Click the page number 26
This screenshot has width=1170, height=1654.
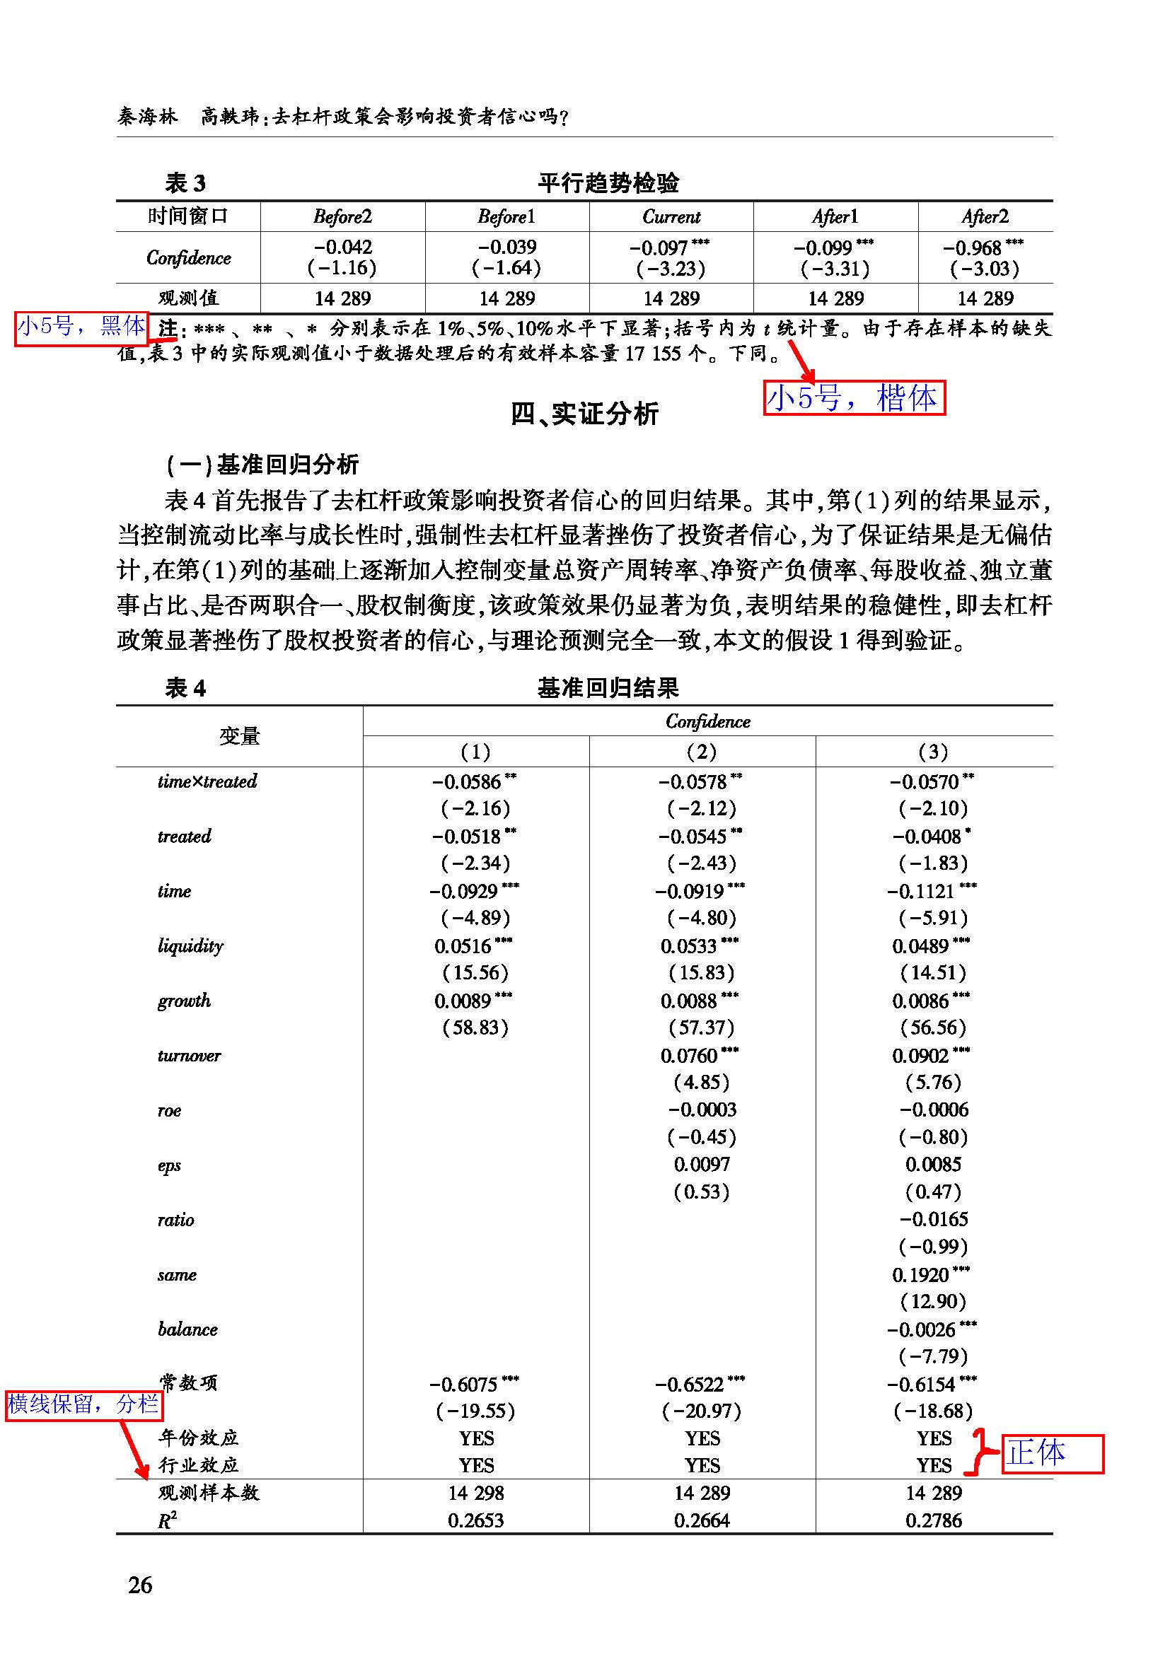point(141,1585)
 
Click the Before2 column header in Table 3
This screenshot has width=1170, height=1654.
point(342,216)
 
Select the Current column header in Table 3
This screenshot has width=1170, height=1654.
point(671,216)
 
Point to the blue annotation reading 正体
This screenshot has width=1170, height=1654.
point(1037,1453)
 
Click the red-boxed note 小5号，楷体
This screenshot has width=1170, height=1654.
point(854,398)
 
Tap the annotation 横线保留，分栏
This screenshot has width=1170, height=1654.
point(83,1403)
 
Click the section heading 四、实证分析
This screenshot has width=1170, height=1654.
point(584,414)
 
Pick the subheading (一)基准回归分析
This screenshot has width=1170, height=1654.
point(262,465)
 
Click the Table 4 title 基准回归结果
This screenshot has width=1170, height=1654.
point(608,688)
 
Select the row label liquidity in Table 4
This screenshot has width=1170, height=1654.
point(190,945)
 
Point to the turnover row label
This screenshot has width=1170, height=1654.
point(189,1055)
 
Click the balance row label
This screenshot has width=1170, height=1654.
point(187,1329)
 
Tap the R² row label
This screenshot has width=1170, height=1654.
point(167,1521)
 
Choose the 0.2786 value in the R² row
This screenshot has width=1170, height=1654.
point(934,1521)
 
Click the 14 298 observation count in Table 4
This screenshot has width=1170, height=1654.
point(475,1493)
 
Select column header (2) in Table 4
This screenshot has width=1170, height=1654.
point(702,752)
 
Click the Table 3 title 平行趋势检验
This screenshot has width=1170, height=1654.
point(608,183)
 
